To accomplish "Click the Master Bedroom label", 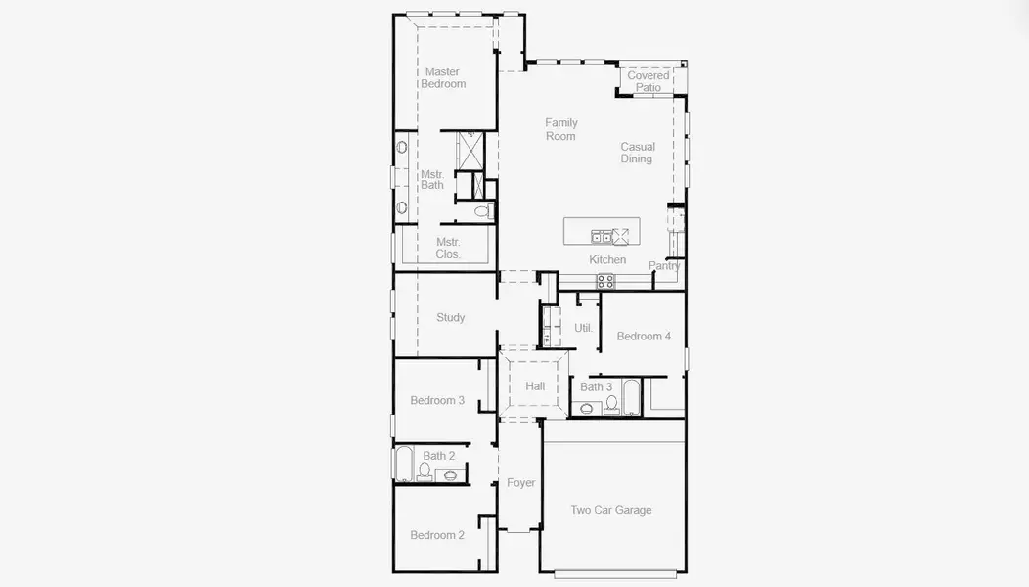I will click(x=443, y=78).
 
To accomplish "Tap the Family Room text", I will click(x=561, y=129).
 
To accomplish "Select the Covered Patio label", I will click(x=649, y=81).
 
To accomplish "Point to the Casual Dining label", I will click(x=637, y=153).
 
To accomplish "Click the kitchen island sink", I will click(x=602, y=236).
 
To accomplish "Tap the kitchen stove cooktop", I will click(x=606, y=281).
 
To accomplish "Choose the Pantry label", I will click(x=664, y=266).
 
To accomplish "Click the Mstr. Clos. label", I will click(x=448, y=248).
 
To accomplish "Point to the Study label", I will click(x=450, y=318).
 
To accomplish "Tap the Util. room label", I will click(x=583, y=328).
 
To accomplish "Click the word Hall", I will click(x=535, y=386).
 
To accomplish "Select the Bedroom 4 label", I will click(x=644, y=337).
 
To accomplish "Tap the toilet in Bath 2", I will click(x=425, y=472).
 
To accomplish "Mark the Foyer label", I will click(x=520, y=483).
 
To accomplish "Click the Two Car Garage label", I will click(x=611, y=510).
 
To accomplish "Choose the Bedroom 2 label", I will click(x=437, y=535).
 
